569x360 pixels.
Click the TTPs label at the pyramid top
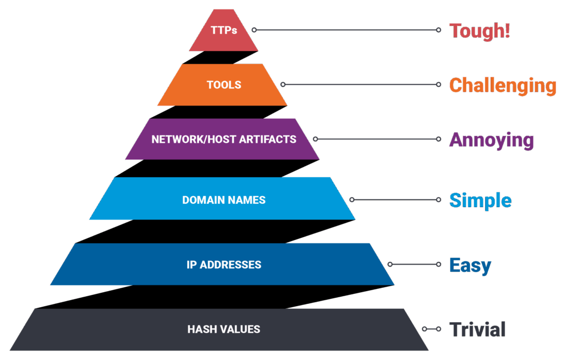tap(224, 30)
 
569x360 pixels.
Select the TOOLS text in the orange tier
tap(224, 85)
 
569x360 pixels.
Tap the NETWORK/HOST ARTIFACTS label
tap(224, 139)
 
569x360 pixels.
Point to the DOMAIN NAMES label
tap(224, 199)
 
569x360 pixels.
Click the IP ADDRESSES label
tap(224, 264)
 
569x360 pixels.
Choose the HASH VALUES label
tap(224, 329)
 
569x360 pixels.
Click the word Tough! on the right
tap(479, 30)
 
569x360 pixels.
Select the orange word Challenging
tap(502, 85)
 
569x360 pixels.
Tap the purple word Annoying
tap(491, 140)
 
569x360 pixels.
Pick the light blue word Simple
tap(480, 200)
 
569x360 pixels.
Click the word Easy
tap(470, 265)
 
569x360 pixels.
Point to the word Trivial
tap(478, 329)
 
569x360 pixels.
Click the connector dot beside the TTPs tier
tap(254, 29)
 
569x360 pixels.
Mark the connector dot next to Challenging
tap(438, 84)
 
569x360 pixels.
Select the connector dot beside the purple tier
tap(316, 138)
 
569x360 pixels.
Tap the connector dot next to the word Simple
tap(438, 199)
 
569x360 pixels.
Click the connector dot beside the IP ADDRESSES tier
tap(390, 264)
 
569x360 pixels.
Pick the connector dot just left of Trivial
tap(438, 329)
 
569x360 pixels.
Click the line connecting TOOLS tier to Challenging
tap(361, 84)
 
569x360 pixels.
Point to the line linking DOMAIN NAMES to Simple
tap(395, 199)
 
